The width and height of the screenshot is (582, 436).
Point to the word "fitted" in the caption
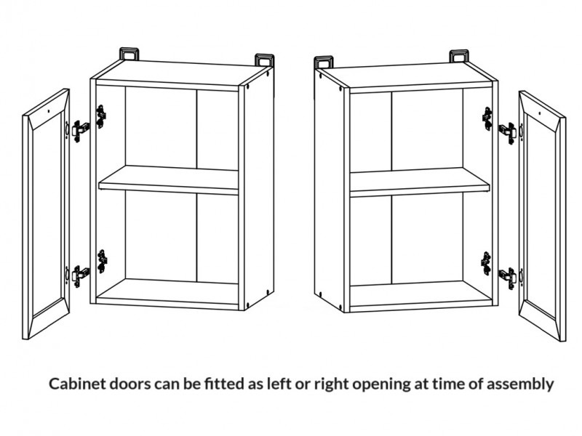tap(225, 384)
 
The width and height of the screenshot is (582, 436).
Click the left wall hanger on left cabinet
tap(129, 54)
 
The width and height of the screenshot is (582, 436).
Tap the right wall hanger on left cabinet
tap(264, 60)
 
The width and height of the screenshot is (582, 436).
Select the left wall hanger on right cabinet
tap(323, 62)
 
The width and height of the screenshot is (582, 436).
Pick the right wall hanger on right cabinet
tap(459, 56)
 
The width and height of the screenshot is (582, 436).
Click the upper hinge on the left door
tap(81, 130)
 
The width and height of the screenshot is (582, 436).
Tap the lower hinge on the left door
tap(81, 276)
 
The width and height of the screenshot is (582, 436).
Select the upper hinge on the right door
tap(507, 132)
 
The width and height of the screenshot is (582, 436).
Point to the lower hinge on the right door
tap(507, 278)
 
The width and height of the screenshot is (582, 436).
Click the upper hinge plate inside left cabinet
tap(101, 116)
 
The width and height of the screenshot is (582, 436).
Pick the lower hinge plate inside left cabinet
tap(102, 262)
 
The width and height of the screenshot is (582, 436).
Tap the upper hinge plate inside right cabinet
tap(487, 118)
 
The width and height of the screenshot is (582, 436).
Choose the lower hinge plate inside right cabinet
tap(486, 264)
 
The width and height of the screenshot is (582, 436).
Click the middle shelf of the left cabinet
tap(169, 180)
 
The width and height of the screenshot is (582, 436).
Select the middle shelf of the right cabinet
tap(420, 182)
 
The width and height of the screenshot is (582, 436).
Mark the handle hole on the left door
tap(49, 111)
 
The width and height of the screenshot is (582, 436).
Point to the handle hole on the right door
tap(539, 113)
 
